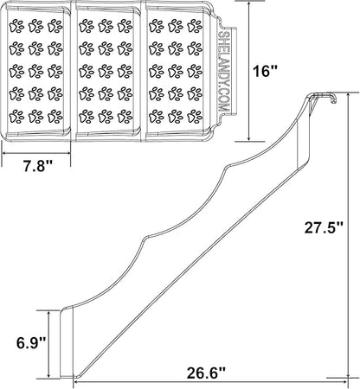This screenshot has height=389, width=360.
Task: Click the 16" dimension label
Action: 264,71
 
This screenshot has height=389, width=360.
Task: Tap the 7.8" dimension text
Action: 38,166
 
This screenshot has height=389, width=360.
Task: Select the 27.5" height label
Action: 324,228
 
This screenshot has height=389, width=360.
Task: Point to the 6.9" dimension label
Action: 31,343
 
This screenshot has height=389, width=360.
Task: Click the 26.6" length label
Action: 205,373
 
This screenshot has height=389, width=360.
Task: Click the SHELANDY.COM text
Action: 223,71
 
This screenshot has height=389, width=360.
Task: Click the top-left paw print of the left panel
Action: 16,25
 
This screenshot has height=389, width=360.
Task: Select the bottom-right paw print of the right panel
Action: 195,117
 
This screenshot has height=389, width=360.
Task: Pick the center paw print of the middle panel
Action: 106,71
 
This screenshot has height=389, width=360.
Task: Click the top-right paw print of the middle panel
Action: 125,25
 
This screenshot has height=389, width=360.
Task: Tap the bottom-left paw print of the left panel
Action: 16,117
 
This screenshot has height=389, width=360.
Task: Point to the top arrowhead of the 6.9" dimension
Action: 49,315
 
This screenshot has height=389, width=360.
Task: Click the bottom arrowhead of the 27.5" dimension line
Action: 349,373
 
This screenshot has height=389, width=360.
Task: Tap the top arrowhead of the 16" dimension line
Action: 249,4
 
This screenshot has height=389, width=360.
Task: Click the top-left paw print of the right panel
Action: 157,25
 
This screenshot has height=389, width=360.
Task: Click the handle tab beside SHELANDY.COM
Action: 233,71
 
